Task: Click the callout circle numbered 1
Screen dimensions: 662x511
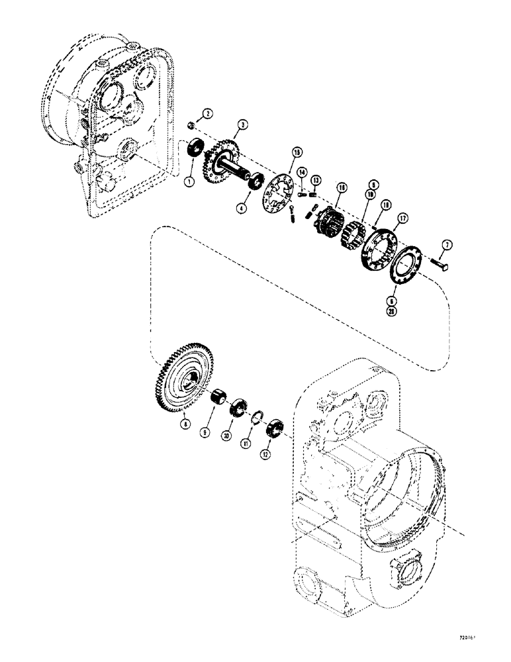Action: [189, 181]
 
